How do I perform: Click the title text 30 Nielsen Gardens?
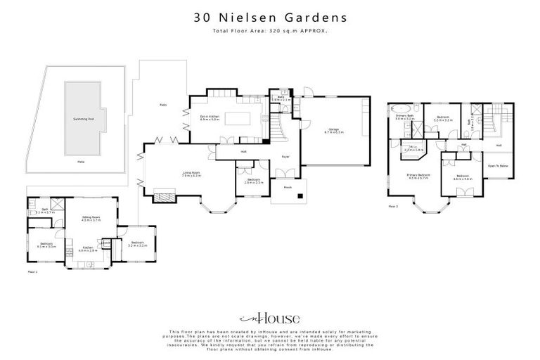269,17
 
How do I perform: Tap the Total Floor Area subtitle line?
269,31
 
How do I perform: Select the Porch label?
288,188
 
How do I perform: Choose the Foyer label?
286,157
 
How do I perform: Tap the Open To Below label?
498,165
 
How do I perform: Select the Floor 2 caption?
393,207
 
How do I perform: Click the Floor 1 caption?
32,271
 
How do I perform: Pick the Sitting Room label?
91,219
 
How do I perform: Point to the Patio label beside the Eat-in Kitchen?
163,105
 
